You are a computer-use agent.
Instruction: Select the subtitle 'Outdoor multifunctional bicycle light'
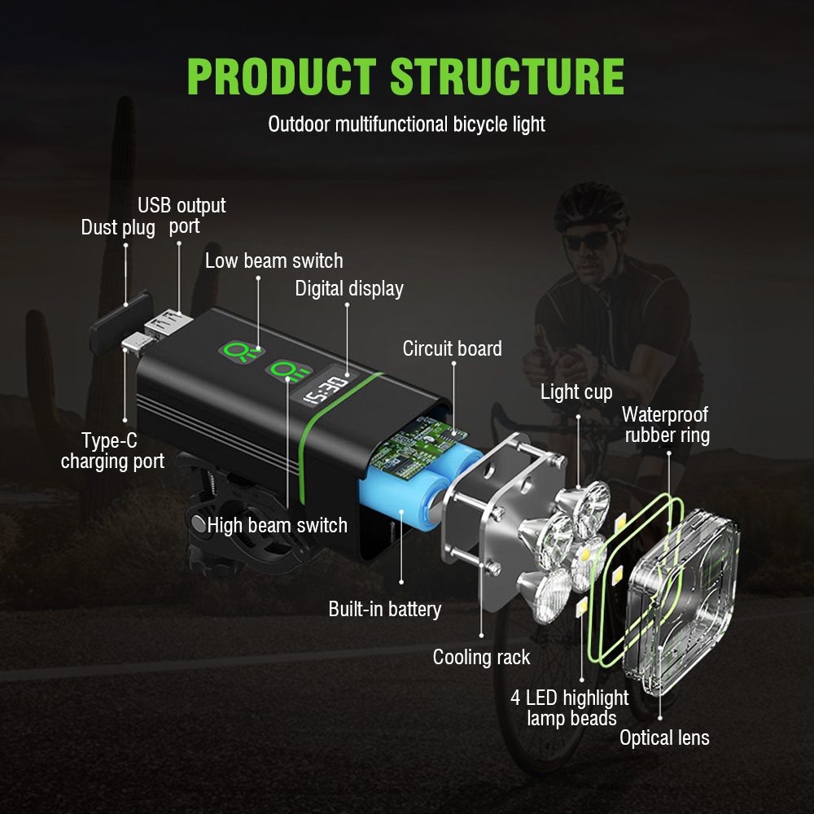pyautogui.click(x=406, y=125)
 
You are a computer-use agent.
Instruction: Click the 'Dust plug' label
pyautogui.click(x=118, y=228)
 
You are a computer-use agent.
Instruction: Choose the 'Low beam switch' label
pyautogui.click(x=274, y=260)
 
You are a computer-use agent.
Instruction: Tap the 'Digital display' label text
pyautogui.click(x=349, y=288)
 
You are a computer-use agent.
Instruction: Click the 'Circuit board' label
pyautogui.click(x=453, y=348)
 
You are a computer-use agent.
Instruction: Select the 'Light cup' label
pyautogui.click(x=576, y=392)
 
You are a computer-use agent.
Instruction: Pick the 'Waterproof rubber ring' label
pyautogui.click(x=667, y=425)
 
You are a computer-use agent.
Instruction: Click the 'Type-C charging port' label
pyautogui.click(x=112, y=451)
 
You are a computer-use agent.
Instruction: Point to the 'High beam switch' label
pyautogui.click(x=278, y=525)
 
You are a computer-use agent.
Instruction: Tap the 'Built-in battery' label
pyautogui.click(x=385, y=609)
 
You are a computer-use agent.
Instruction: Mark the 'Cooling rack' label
pyautogui.click(x=481, y=657)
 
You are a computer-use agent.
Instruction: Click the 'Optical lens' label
pyautogui.click(x=664, y=738)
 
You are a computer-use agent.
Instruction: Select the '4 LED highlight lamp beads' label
pyautogui.click(x=570, y=707)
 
